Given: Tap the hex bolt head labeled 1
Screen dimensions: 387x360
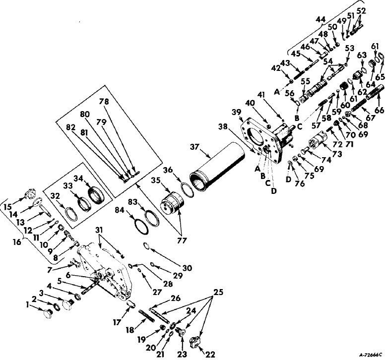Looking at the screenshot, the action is [x=47, y=313].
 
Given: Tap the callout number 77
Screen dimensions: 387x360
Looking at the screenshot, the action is [x=182, y=240].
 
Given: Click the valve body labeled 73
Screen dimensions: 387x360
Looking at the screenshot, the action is [x=318, y=141].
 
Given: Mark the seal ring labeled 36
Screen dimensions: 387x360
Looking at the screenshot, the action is [x=188, y=190].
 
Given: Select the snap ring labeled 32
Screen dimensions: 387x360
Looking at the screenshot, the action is [x=71, y=214].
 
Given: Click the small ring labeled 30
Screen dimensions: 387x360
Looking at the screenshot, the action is [x=147, y=246].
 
